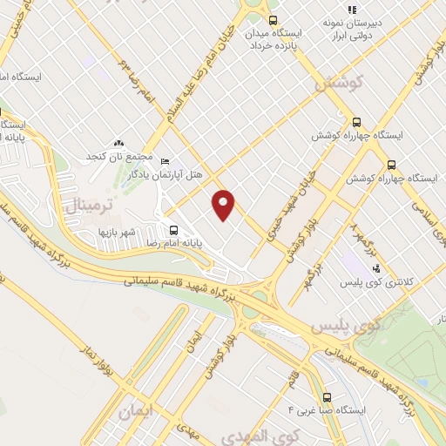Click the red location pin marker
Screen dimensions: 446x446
pos(224,205)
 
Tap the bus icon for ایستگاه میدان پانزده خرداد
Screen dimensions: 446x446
pos(274,20)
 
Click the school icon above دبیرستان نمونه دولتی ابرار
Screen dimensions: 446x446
pos(352,10)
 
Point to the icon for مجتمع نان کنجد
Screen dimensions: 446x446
pos(119,143)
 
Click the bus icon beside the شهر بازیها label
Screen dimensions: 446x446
pos(173,231)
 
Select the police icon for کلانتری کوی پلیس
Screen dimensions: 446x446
pos(375,268)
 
